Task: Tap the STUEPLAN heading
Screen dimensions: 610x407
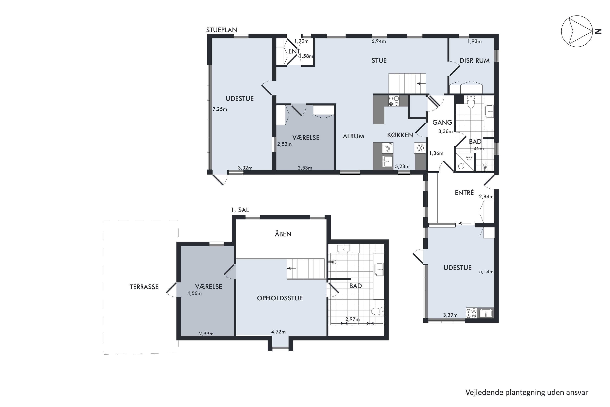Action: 221,30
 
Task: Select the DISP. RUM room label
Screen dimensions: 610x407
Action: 474,60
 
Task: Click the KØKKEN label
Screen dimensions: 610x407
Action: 400,135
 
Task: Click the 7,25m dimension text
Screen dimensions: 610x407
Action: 220,109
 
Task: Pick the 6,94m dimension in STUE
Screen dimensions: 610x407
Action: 379,41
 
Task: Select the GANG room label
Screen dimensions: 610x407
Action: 442,122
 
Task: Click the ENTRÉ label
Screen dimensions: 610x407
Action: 464,193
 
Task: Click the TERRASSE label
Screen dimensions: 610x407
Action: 144,287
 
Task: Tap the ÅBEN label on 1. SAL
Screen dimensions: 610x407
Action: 283,234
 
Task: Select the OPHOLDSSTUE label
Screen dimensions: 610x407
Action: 280,298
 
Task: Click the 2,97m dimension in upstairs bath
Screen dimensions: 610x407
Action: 352,319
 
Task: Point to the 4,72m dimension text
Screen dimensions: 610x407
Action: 279,332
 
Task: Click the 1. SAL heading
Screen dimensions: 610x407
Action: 240,210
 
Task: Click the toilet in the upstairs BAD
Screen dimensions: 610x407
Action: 378,311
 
